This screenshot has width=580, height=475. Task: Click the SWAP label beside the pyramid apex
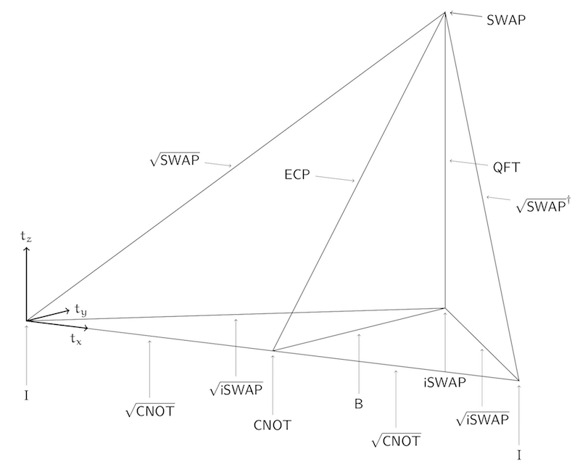pos(506,19)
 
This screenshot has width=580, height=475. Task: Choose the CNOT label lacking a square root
pos(272,425)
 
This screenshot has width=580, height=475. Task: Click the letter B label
pos(358,404)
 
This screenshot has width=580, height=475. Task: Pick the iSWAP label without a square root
pos(444,381)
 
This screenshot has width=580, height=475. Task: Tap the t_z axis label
pos(27,236)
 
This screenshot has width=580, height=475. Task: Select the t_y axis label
pos(80,309)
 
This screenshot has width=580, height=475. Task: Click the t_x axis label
pos(76,339)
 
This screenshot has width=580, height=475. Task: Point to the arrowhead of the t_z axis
pos(27,249)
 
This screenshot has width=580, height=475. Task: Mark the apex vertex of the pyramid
pos(444,12)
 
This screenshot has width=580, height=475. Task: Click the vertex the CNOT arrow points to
pos(273,351)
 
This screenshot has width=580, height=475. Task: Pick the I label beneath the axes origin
pos(26,395)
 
